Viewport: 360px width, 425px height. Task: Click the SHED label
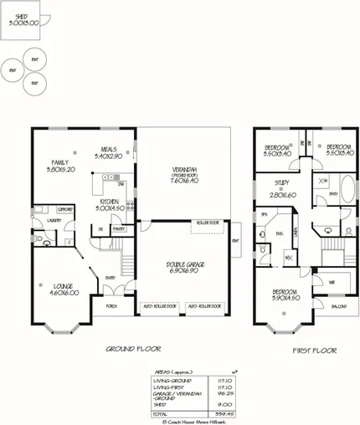[x=22, y=15]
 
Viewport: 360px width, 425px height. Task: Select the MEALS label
[x=108, y=148]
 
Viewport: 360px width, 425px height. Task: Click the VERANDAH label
[x=182, y=170]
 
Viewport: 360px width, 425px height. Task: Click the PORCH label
[x=111, y=306]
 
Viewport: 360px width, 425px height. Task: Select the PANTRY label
[x=118, y=228]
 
